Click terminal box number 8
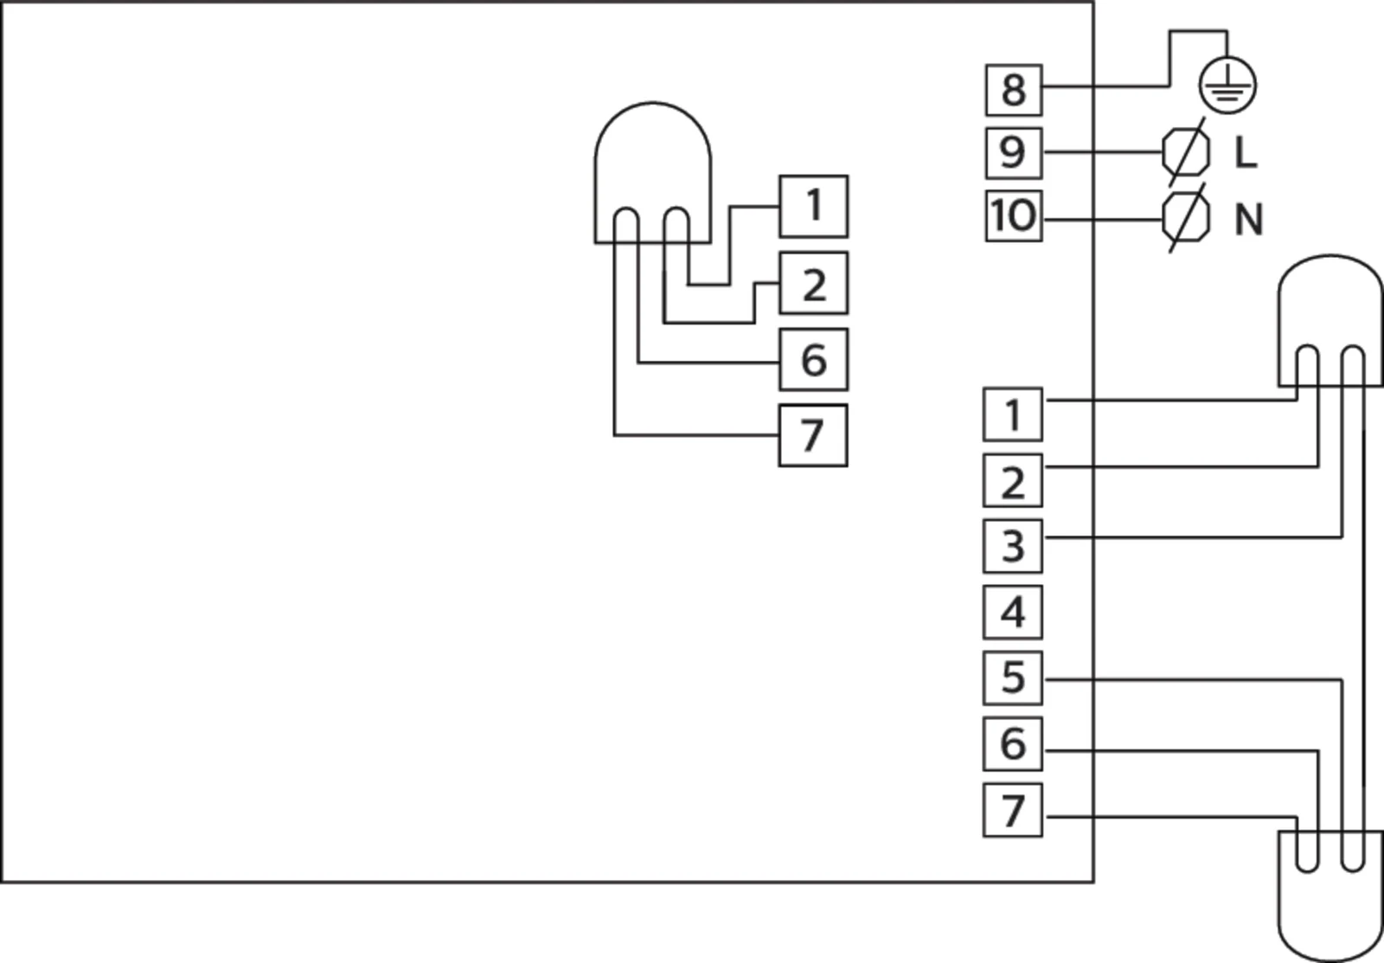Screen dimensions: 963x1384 (1013, 89)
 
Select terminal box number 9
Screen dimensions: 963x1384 (1013, 152)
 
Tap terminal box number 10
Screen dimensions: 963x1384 (1013, 215)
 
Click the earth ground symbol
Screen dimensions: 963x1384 (1227, 86)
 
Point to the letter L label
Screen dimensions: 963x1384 (1245, 153)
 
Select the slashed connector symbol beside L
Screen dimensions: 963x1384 (1186, 152)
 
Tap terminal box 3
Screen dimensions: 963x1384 (1012, 546)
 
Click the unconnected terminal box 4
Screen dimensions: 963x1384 (1012, 612)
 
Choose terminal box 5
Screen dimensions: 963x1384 (1012, 677)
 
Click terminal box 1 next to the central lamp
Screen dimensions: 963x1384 (813, 206)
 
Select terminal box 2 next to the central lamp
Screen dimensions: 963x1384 (813, 283)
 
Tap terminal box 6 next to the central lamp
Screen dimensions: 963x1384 (813, 359)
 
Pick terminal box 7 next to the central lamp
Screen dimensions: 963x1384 (813, 434)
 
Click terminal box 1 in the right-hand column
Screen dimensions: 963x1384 (1012, 414)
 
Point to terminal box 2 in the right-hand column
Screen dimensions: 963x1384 (1012, 480)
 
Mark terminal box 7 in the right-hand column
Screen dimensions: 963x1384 (1012, 810)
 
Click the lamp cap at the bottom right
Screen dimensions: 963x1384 (1330, 900)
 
